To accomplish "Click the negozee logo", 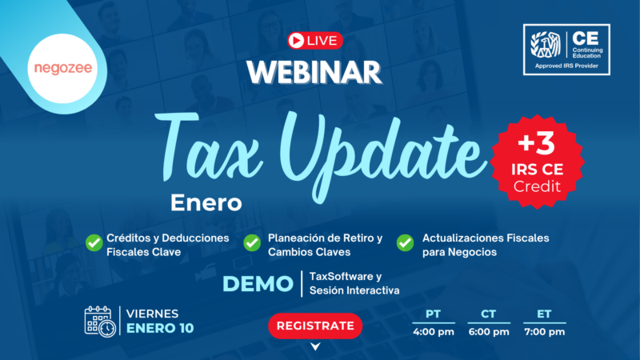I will click(x=62, y=68).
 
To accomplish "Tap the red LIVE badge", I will click(x=314, y=39).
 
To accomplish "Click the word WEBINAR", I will click(x=314, y=72).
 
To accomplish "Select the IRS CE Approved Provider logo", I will click(x=566, y=50).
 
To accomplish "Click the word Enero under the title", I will click(x=206, y=203).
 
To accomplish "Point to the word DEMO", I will click(x=257, y=284).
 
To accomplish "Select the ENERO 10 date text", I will click(x=159, y=329).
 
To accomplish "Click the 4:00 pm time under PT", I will click(x=433, y=332).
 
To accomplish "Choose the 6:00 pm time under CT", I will click(x=489, y=332).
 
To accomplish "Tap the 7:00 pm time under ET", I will click(x=544, y=332).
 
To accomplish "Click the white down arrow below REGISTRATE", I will click(x=314, y=346).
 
